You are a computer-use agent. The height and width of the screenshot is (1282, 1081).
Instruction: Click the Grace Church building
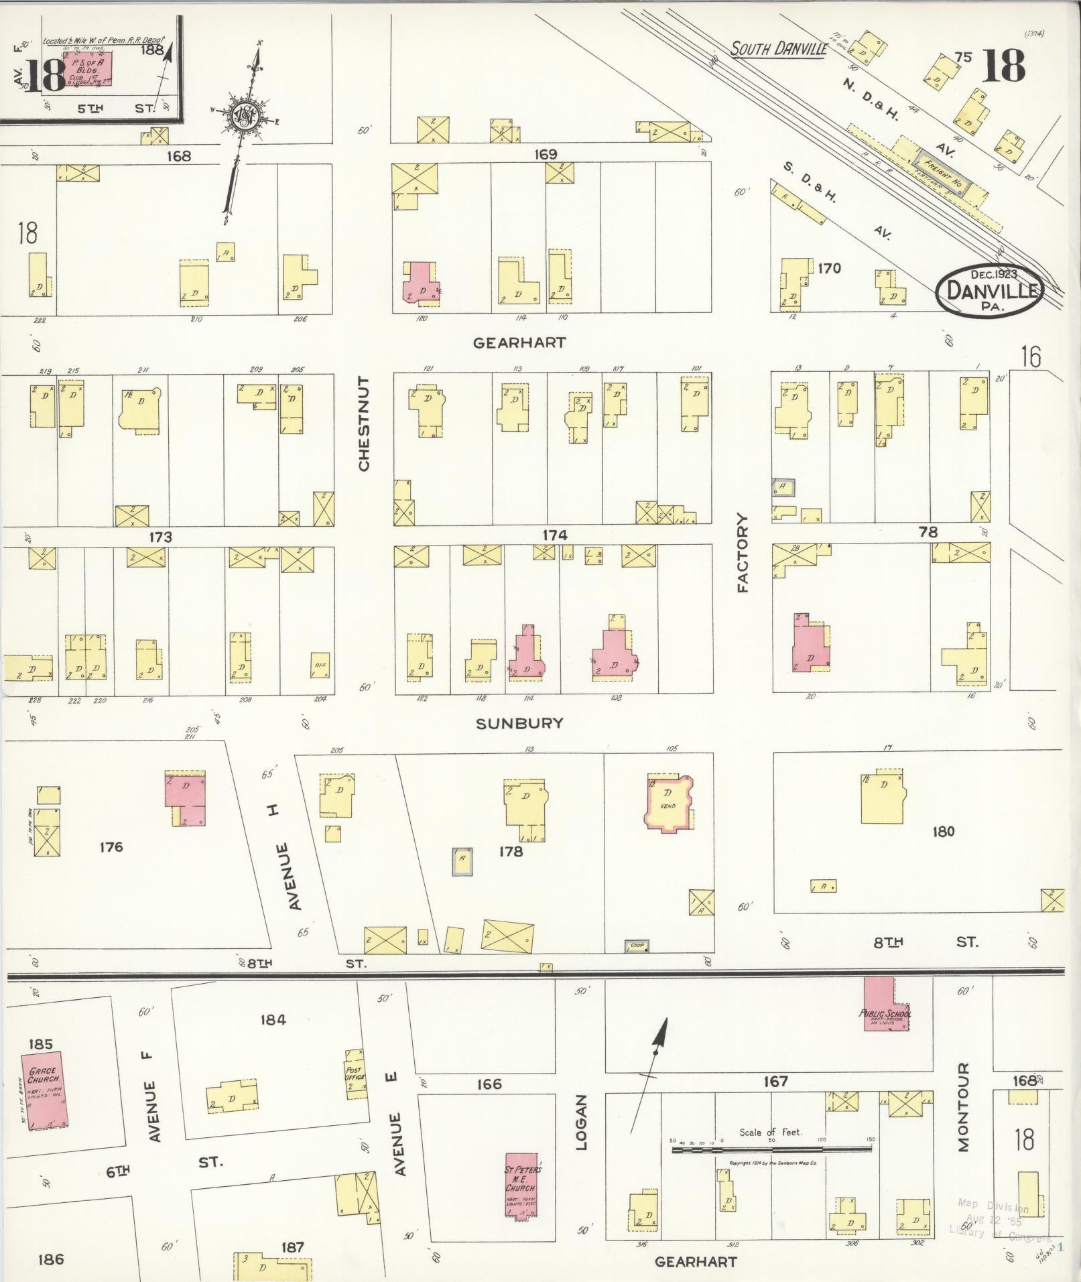tap(44, 1093)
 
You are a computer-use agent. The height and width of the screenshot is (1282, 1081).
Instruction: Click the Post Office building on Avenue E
tap(356, 1077)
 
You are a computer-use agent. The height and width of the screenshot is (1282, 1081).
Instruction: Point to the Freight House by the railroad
tap(946, 176)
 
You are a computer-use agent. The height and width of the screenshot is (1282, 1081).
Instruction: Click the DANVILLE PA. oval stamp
tap(989, 290)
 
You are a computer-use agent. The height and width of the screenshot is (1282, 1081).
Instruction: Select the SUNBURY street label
tap(519, 723)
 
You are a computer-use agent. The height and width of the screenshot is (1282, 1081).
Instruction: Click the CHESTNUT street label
tap(364, 424)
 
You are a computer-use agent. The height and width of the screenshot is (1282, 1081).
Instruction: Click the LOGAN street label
tap(580, 1122)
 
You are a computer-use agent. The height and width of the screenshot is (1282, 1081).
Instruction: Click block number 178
tap(511, 852)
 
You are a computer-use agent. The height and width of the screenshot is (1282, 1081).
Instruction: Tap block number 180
tap(942, 832)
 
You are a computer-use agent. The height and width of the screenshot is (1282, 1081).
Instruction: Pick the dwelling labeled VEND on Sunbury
tap(668, 803)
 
